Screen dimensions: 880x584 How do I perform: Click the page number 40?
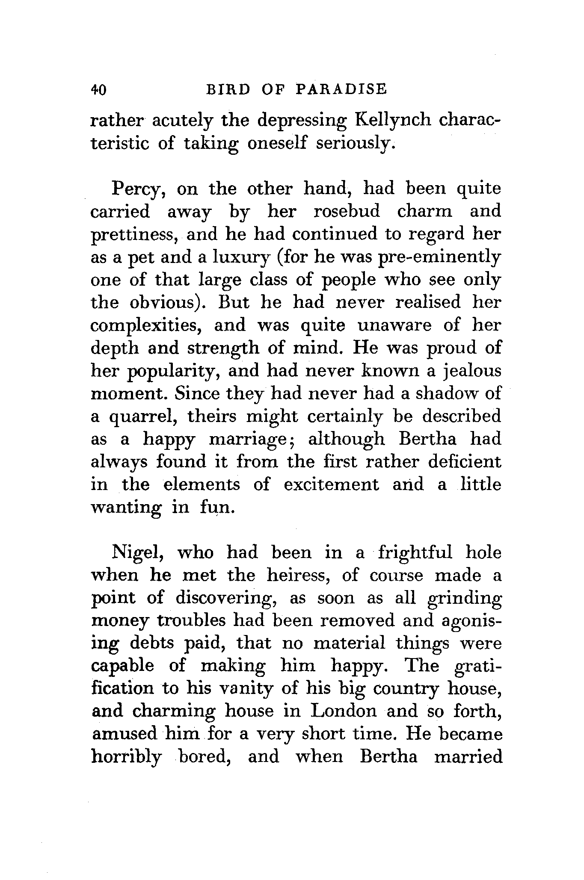[x=98, y=89]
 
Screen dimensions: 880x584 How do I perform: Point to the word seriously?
[x=354, y=143]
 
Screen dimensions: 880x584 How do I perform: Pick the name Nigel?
[x=136, y=552]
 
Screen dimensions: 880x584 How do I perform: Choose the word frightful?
[x=415, y=552]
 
